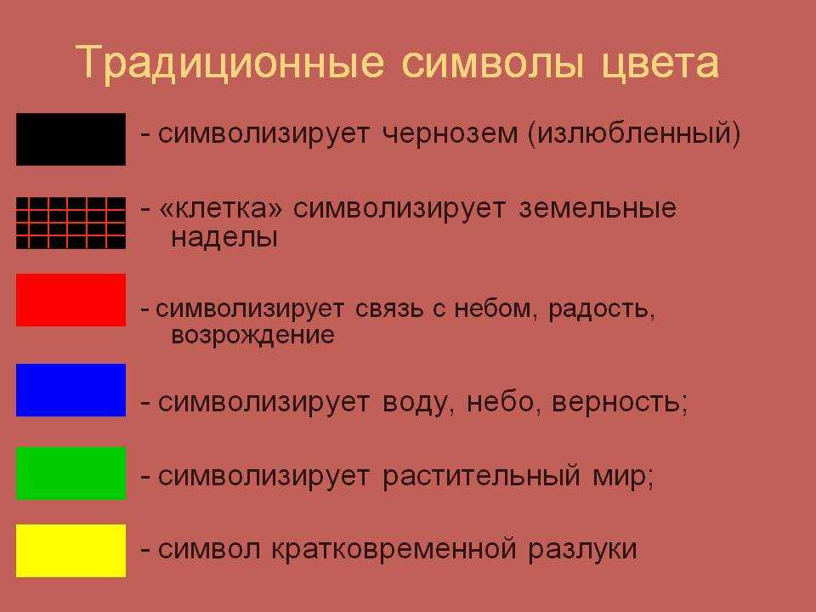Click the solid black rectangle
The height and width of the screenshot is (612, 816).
point(71,139)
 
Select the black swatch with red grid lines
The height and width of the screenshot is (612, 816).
point(71,223)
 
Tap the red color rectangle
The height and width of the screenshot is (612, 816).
point(71,300)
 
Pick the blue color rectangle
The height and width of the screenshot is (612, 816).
point(71,390)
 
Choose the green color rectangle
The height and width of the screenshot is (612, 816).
point(71,473)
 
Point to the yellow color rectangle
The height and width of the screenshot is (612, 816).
point(71,551)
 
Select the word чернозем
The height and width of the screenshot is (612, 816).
point(450,133)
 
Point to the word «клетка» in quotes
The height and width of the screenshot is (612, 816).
point(221,209)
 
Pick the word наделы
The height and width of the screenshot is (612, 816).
point(224,238)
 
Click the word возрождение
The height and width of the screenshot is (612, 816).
point(252,336)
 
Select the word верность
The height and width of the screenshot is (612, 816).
point(620,403)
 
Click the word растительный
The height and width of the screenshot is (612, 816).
point(481,476)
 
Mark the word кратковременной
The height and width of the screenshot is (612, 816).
point(394,550)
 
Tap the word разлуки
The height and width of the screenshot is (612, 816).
point(582,551)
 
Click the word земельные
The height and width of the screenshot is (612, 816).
point(598,209)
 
